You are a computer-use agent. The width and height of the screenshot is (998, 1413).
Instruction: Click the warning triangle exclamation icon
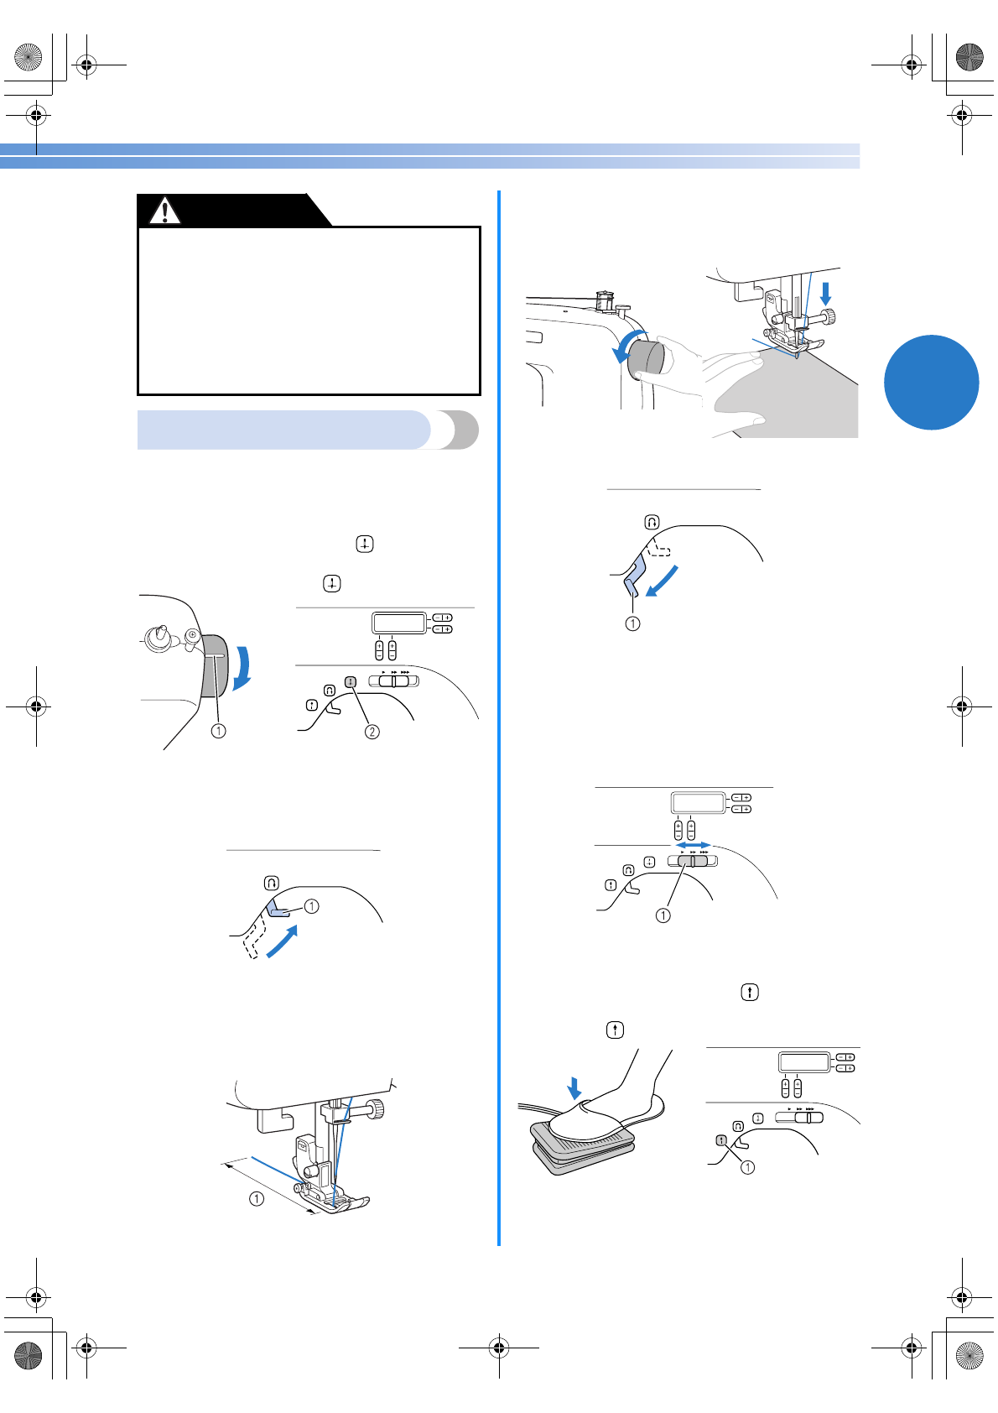(x=165, y=211)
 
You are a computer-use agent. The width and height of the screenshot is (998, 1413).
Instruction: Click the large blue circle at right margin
(x=931, y=383)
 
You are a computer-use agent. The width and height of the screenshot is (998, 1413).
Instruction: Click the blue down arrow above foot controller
(x=574, y=1088)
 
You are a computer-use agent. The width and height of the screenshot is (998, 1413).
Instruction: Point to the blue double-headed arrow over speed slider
(x=694, y=845)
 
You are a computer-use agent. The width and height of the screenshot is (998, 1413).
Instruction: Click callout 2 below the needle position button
(x=372, y=732)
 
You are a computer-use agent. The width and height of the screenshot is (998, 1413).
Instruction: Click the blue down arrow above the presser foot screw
(x=826, y=293)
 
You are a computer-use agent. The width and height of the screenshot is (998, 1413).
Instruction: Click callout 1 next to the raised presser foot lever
(x=312, y=906)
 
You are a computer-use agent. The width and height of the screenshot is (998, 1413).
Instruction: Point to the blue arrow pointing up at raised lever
(x=282, y=942)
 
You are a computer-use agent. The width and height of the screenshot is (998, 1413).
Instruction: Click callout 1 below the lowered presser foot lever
(x=632, y=623)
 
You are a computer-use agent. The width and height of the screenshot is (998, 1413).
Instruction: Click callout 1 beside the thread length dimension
(x=257, y=1199)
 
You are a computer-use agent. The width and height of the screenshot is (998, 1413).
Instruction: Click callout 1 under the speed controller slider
(x=663, y=915)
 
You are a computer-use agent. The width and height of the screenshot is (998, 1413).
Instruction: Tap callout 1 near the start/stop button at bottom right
(x=747, y=1167)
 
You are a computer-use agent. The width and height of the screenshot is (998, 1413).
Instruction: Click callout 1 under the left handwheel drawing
(x=218, y=731)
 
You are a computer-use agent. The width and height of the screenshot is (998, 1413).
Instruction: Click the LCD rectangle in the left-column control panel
(x=399, y=623)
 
